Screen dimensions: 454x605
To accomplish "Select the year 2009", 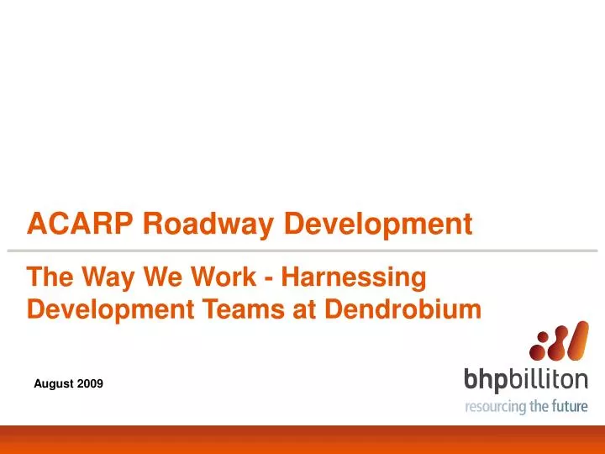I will click(x=91, y=383).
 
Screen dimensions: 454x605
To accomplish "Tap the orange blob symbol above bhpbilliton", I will click(x=552, y=344).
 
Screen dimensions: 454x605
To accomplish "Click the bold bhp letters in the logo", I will click(x=486, y=381).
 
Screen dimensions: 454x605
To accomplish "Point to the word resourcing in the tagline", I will click(x=496, y=407).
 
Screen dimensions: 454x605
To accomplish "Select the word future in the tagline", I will click(x=568, y=407).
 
